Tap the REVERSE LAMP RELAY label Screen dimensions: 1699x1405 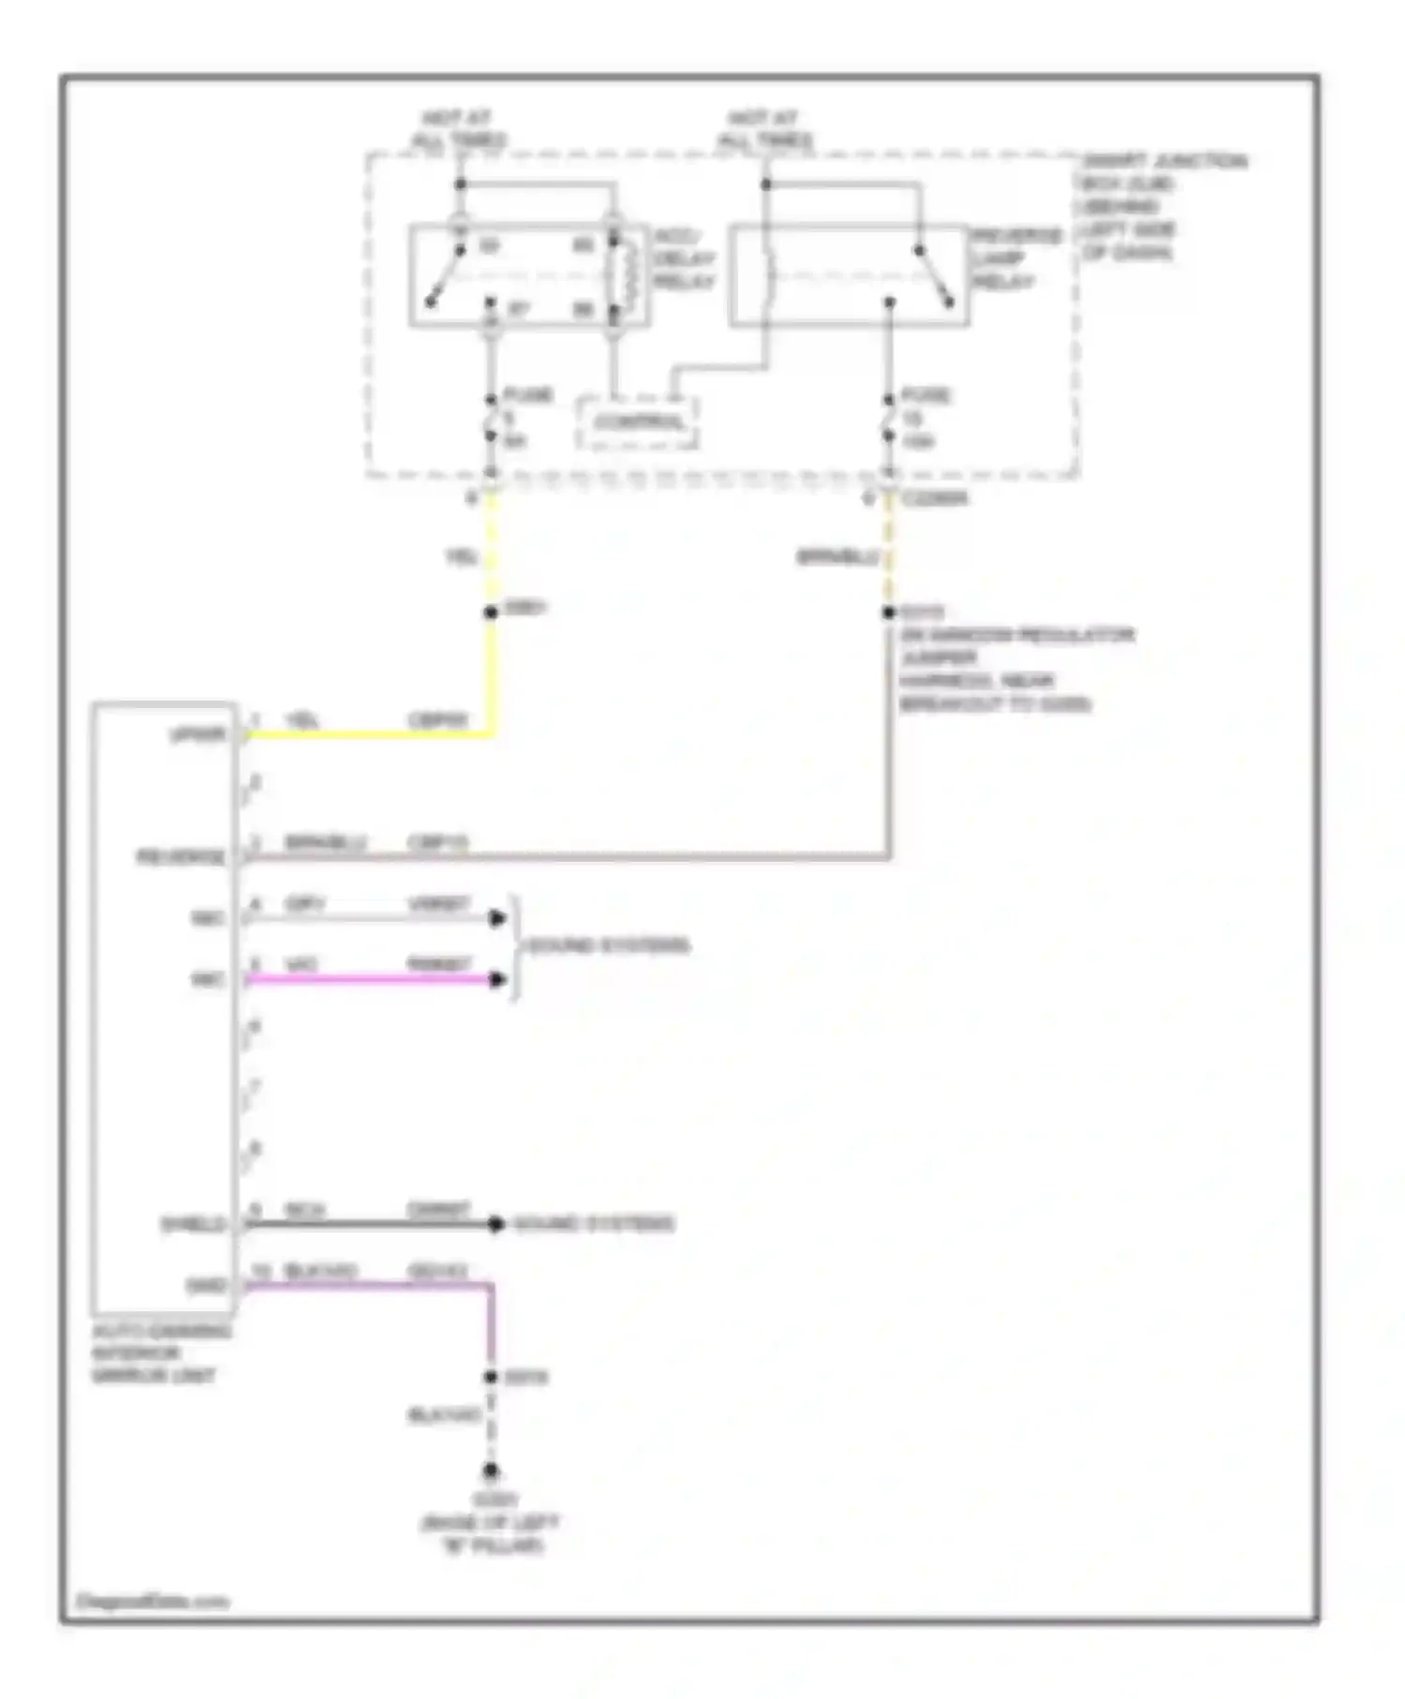1015,259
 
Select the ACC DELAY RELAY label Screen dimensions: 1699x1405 684,259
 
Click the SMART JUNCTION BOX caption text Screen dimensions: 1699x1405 1161,206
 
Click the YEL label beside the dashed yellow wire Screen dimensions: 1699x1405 461,557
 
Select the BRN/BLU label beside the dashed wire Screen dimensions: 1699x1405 836,557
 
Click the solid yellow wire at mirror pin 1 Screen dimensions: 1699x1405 375,733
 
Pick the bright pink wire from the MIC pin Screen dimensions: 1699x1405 375,980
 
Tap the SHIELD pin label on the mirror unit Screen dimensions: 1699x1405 193,1223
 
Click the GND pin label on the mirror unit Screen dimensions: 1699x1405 206,1285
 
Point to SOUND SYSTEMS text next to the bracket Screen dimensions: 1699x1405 609,945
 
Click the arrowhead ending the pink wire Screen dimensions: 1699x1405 497,980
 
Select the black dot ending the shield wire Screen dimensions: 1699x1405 495,1223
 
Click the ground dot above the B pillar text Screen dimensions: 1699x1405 490,1471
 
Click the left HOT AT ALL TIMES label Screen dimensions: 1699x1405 458,129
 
